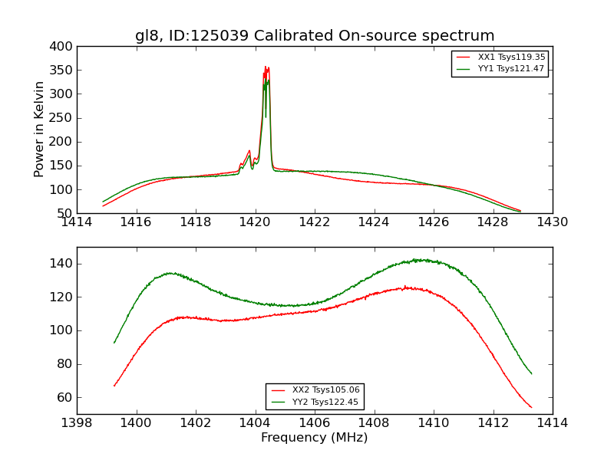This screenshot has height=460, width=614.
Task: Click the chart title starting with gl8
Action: point(315,36)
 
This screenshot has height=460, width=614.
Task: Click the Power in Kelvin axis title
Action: point(40,130)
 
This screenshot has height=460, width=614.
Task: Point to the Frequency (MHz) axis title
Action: point(315,438)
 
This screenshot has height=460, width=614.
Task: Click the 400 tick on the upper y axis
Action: point(64,47)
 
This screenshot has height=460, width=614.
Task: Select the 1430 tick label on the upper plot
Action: point(552,222)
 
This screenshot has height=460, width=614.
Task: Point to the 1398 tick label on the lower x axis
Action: point(77,423)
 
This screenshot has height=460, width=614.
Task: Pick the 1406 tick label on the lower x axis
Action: point(314,423)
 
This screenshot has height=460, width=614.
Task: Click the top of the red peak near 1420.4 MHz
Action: point(266,67)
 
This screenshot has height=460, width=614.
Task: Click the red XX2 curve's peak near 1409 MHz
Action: point(404,287)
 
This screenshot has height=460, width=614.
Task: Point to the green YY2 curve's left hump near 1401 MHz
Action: point(170,272)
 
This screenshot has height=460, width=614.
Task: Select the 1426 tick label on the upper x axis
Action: point(433,222)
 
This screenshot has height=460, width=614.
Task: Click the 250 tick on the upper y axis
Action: point(64,118)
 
